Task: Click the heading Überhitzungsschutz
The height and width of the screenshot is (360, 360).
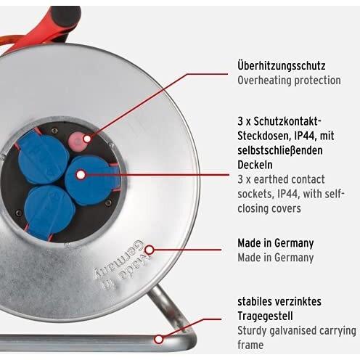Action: (282, 66)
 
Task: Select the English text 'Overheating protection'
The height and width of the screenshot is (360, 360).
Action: (289, 81)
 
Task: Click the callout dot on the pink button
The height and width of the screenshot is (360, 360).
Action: (87, 139)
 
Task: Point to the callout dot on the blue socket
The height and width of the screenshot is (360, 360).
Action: (81, 175)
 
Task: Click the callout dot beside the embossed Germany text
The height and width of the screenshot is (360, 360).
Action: (150, 250)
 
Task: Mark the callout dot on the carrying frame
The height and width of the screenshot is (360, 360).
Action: (159, 339)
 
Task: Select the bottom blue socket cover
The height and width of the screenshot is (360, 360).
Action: (49, 212)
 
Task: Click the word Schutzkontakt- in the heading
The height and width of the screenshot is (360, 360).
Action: (287, 121)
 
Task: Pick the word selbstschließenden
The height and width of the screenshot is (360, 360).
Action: (280, 150)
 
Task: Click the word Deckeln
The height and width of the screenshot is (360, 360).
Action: (255, 165)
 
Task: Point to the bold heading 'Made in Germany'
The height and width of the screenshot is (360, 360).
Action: (276, 243)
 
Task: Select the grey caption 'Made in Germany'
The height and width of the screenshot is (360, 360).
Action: (276, 258)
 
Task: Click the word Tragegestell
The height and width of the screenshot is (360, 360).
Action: (265, 316)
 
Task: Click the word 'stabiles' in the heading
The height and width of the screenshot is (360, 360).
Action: (255, 301)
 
